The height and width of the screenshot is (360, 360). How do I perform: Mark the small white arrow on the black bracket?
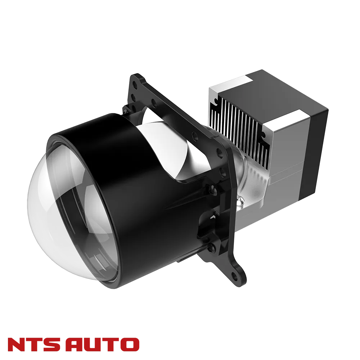[213, 216]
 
